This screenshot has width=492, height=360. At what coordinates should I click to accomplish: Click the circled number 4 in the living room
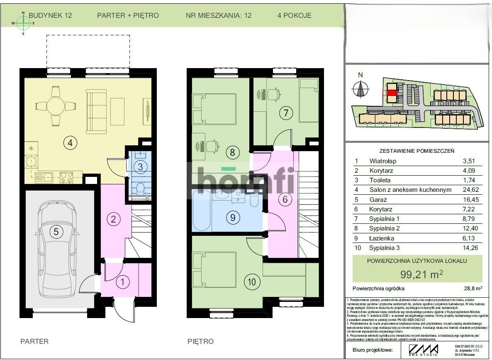tap(70, 143)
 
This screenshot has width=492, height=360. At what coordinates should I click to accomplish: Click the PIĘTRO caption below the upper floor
tap(200, 341)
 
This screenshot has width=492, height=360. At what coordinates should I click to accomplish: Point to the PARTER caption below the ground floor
tap(34, 341)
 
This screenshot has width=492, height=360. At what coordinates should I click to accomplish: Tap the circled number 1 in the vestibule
tap(122, 282)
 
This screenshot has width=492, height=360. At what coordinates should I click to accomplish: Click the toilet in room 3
tap(140, 189)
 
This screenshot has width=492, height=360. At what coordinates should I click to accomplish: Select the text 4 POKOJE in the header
tap(294, 16)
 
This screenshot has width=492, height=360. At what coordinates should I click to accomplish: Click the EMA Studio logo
tap(423, 350)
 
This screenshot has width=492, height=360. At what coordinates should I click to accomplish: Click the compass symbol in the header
tap(23, 23)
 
